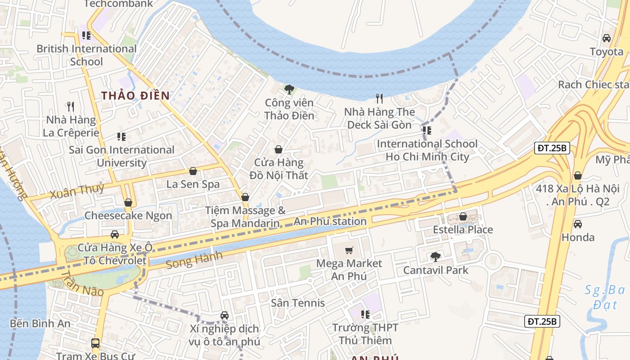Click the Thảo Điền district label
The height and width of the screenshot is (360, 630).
click(x=135, y=95)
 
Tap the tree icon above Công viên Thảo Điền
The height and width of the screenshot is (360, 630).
click(x=289, y=89)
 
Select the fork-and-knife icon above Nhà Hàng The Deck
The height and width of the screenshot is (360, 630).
click(x=379, y=98)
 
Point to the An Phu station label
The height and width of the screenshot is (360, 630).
click(x=330, y=221)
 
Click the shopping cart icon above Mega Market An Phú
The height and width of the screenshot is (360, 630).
click(x=349, y=250)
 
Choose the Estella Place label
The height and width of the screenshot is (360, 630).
click(x=463, y=229)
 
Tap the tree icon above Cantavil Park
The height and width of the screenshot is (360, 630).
click(x=435, y=257)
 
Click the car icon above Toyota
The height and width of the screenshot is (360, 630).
click(x=607, y=38)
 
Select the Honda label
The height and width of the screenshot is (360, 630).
click(x=578, y=237)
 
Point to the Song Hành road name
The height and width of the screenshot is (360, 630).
click(x=194, y=260)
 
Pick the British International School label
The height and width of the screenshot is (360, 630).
click(x=86, y=55)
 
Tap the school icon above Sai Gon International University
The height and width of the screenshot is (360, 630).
click(x=121, y=136)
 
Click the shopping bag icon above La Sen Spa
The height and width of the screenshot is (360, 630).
click(x=193, y=171)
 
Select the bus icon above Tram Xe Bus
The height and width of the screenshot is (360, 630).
click(x=95, y=343)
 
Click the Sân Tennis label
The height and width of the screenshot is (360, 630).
click(x=298, y=303)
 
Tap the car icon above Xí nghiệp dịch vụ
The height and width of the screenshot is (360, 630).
click(x=225, y=315)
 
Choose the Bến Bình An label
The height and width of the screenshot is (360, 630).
click(x=40, y=323)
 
